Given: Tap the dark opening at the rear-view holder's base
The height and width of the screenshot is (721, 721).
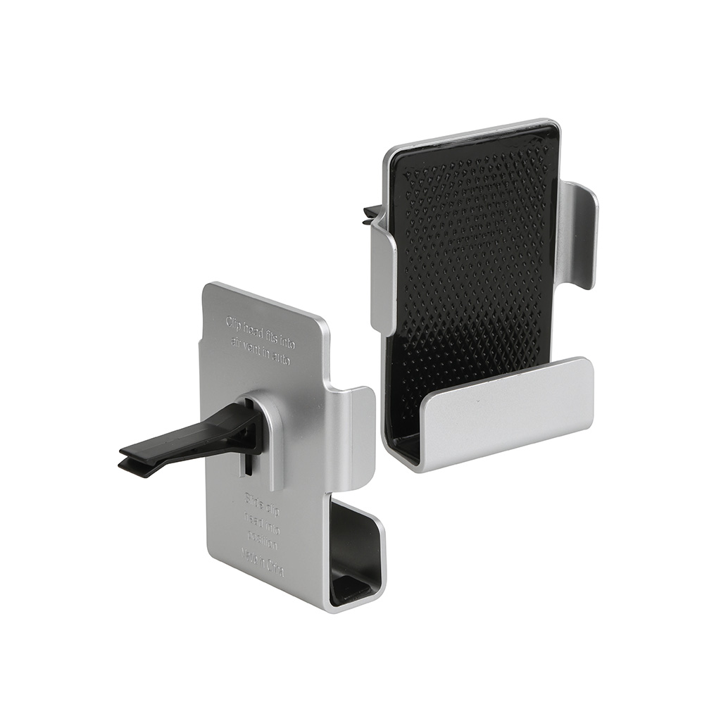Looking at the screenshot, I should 356,556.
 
